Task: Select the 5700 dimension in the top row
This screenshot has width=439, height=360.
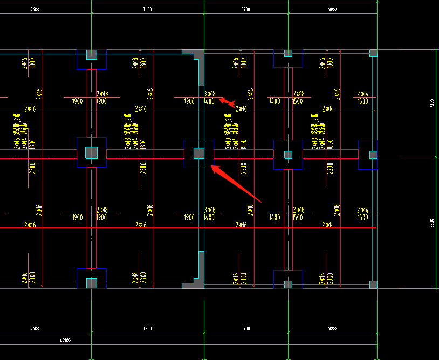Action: coord(246,9)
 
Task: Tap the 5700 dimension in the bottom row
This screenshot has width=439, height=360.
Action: coord(246,328)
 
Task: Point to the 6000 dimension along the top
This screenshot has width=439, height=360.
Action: coord(332,9)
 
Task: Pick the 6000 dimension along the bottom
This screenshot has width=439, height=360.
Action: coord(332,328)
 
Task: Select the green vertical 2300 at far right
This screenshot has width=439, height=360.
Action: coord(431,103)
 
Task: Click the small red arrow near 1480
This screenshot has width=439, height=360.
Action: coord(227,102)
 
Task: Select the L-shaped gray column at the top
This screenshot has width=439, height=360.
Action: coord(195,54)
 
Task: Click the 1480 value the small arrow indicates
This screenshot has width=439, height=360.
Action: coord(210,101)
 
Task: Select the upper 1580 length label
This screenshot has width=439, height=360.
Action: coord(362,101)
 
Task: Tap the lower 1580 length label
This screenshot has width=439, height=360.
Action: coord(362,218)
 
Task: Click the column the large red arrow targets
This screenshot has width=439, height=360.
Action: coord(199,153)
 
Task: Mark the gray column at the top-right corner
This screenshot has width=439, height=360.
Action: coord(373,53)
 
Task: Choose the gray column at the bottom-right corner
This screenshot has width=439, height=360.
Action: coord(373,284)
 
